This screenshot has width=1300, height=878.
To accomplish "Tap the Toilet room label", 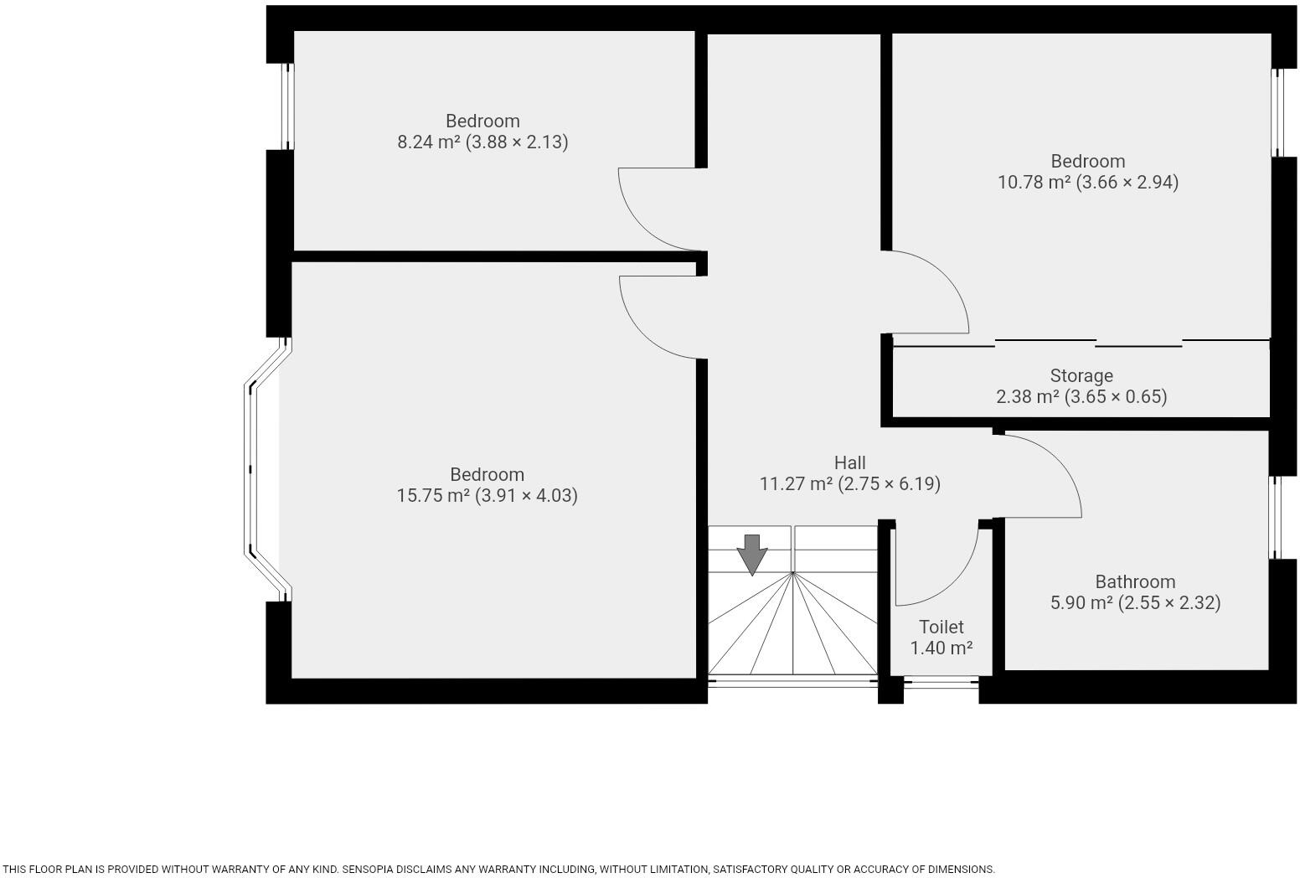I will click(x=941, y=627).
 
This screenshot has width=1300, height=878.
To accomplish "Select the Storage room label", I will click(x=1081, y=375).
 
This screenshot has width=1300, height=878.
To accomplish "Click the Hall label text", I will click(x=849, y=462).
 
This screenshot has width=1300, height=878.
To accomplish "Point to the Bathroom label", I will click(x=1135, y=581).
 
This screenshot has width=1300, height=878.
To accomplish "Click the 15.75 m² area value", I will click(x=432, y=496).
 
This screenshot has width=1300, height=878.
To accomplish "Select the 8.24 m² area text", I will click(x=428, y=142).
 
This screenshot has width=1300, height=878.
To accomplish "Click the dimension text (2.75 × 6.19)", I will click(x=889, y=484).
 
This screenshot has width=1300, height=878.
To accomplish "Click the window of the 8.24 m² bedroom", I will click(x=286, y=106).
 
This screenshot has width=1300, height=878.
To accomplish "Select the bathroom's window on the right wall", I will click(x=1276, y=518).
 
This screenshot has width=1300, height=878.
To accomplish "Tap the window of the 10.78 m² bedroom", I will click(x=1277, y=113).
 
